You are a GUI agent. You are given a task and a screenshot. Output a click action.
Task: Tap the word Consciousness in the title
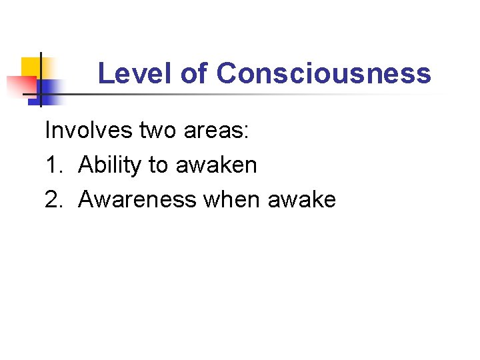[323, 73]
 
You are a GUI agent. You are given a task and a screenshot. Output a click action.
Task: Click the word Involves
[88, 130]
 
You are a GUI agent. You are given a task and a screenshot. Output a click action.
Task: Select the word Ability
[111, 165]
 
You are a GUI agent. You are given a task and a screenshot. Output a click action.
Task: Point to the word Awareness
[137, 199]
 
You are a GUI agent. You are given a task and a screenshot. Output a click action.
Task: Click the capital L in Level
[104, 73]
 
